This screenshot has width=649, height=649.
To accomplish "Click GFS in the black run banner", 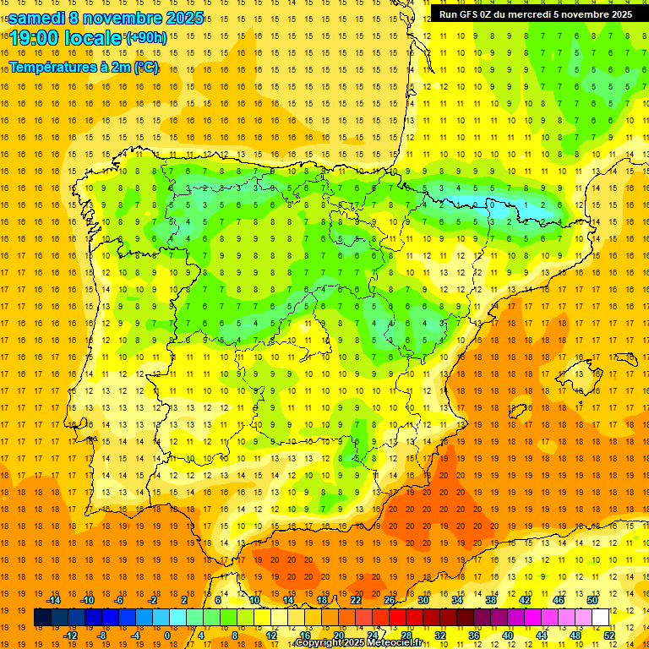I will click(472, 14).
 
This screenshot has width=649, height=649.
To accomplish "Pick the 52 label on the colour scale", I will click(609, 635).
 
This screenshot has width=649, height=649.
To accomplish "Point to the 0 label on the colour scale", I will click(167, 635).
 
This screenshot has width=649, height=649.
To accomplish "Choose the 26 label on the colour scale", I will click(390, 600).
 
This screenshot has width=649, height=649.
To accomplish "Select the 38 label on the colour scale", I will click(491, 600).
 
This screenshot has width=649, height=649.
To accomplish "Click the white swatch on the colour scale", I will click(601, 617).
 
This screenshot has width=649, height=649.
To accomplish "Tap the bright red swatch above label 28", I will click(398, 617).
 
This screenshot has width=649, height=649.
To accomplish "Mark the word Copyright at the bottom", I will click(319, 643).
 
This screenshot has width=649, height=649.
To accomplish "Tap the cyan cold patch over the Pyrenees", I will click(499, 203).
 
